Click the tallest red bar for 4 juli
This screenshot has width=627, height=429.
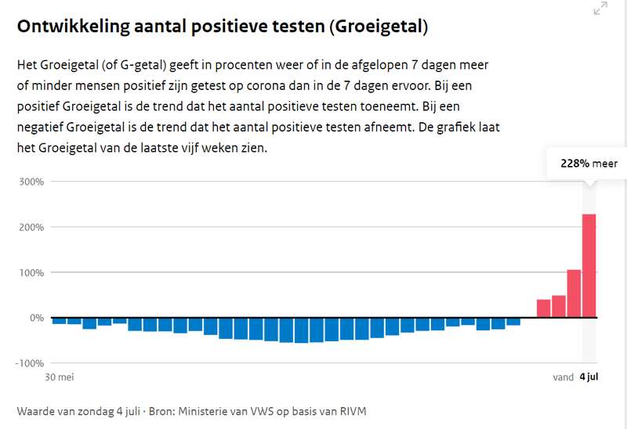589,266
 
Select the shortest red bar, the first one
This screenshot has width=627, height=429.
543,308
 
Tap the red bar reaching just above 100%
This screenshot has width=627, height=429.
574,294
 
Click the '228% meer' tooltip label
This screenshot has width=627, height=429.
589,164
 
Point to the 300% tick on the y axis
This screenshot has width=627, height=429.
31,182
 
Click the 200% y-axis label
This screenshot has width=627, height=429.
31,227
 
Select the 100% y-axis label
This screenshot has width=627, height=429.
31,272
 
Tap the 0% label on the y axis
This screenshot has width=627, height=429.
35,318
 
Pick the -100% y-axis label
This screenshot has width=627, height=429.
29,363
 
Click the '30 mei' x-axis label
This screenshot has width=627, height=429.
57,377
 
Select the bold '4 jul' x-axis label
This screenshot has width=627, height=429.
589,377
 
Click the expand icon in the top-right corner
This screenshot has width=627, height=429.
600,9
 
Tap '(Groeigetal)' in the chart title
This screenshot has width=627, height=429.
379,27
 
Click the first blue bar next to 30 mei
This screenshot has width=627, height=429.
59,321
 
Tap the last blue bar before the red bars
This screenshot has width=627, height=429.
513,322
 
